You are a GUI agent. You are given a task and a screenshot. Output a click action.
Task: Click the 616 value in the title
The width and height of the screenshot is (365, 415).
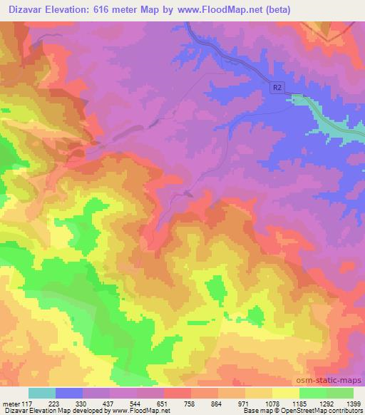(x=113, y=10)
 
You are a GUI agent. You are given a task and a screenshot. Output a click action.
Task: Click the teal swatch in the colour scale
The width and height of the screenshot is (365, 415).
(x=42, y=393)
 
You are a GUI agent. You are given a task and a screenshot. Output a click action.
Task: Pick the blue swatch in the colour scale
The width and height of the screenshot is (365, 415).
(x=69, y=393)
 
